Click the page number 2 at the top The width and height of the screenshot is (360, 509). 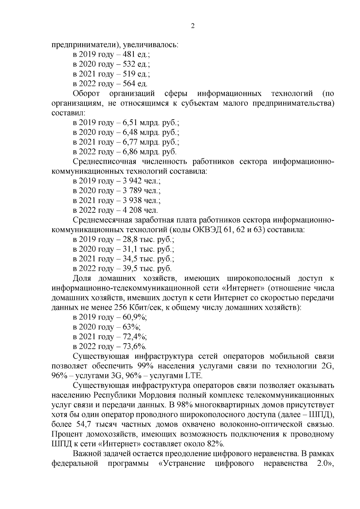click(193, 26)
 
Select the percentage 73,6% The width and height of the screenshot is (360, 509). click(135, 346)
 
